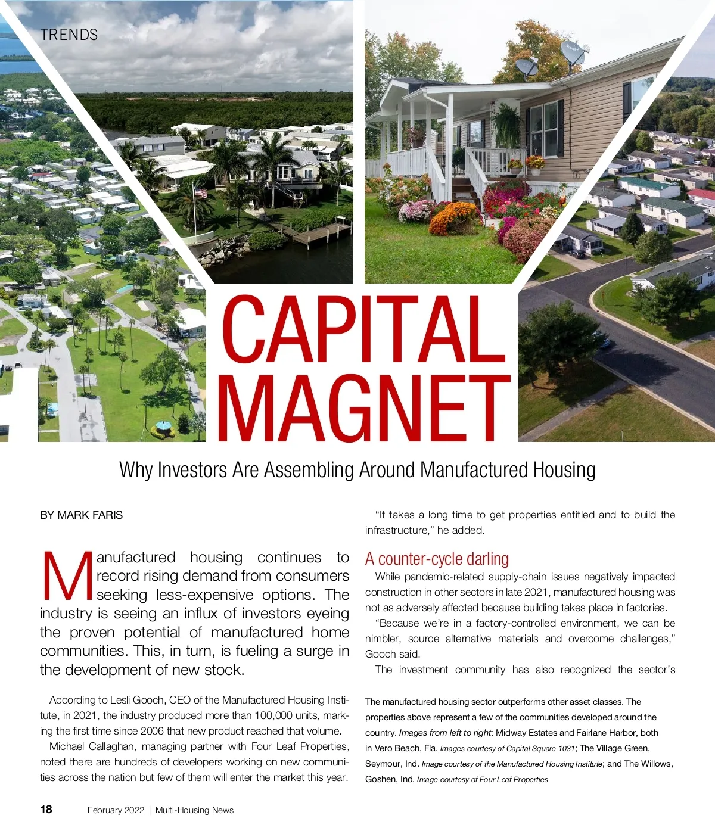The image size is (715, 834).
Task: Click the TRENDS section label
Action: click(69, 35)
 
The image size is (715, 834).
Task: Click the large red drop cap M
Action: click(67, 577)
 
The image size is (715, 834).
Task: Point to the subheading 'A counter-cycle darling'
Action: click(437, 559)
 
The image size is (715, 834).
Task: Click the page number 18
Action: click(46, 809)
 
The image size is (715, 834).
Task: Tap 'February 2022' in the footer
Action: click(116, 810)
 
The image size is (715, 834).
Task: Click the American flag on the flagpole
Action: click(201, 192)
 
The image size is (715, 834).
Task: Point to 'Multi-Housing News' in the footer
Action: click(194, 810)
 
